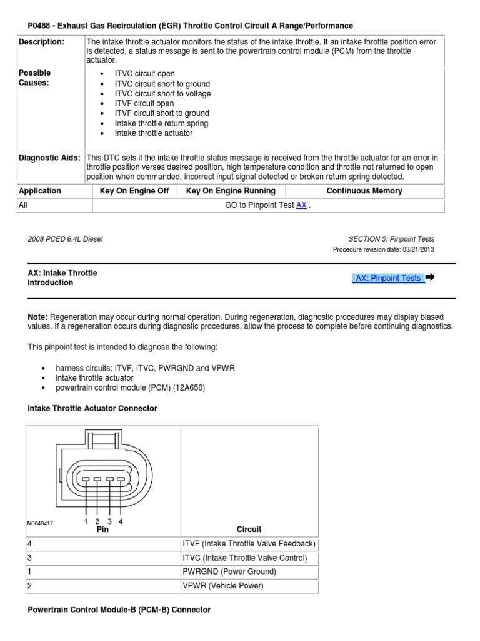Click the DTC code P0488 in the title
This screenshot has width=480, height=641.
coord(41,26)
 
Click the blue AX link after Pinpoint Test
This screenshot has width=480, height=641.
coord(301,205)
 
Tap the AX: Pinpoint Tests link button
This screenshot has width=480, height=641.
coord(388,278)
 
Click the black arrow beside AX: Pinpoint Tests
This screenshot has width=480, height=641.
coord(430,277)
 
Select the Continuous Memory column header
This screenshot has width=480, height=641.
coord(364,191)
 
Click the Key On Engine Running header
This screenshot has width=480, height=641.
coord(231,191)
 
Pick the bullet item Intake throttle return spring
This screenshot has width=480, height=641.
coord(161,123)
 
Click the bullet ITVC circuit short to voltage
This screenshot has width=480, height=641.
coord(162,94)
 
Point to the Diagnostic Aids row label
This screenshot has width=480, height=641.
coord(49,158)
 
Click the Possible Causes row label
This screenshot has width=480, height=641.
coord(35,78)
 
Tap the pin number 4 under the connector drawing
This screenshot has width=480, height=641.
coord(121,521)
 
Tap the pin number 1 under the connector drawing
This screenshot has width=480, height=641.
coord(86,521)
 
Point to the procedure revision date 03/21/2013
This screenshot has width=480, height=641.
coord(414,249)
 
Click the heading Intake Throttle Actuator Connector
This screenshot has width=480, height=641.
coord(92,408)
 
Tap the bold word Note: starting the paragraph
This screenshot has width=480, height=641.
coord(37,317)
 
